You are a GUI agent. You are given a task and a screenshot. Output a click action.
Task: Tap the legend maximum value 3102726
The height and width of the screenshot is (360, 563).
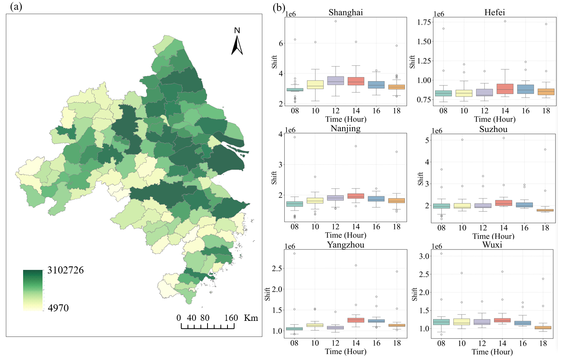tap(65, 270)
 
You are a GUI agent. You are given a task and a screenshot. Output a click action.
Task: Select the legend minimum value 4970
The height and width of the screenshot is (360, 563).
tap(58, 308)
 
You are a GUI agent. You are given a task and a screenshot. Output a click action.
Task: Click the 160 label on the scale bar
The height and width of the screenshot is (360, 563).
tap(231, 318)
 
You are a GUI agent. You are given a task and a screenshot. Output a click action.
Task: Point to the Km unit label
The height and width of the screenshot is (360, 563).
tap(251, 318)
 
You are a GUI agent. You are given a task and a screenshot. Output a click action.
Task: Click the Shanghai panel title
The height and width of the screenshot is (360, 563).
tap(345, 13)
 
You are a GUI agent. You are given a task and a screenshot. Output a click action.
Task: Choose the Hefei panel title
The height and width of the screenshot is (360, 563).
tap(494, 13)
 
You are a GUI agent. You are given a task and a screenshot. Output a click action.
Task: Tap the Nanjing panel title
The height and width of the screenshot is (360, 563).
tap(345, 128)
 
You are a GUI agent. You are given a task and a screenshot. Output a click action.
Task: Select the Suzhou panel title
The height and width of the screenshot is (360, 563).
tap(493, 129)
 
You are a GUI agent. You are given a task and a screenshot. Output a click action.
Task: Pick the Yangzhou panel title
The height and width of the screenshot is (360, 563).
tap(345, 245)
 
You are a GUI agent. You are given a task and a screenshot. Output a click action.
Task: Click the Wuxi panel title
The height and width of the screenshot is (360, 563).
tap(492, 245)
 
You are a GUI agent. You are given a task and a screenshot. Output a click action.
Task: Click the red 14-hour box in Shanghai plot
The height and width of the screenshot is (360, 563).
tap(356, 81)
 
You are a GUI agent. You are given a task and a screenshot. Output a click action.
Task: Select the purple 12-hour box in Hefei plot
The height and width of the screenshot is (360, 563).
tap(485, 92)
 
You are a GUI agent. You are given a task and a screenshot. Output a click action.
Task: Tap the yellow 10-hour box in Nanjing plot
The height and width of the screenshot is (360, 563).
tap(315, 201)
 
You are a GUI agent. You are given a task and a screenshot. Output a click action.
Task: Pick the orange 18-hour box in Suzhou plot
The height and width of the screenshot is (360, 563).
tap(545, 210)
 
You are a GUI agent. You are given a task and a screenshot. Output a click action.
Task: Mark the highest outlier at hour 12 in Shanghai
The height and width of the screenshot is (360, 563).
tap(336, 21)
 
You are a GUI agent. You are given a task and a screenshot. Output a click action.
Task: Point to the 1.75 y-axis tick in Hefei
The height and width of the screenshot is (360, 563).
tap(424, 22)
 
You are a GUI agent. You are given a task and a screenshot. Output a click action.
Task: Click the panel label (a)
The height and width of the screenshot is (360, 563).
tap(16, 6)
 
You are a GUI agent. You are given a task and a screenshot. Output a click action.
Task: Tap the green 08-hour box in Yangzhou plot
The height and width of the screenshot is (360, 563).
tap(294, 329)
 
